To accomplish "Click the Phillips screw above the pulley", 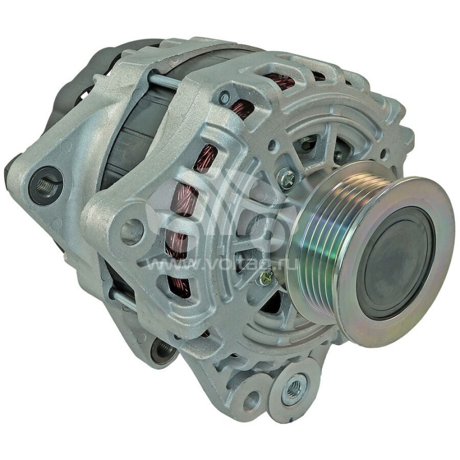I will (286, 179).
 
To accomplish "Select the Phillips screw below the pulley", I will (265, 278).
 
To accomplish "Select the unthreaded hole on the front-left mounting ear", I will (131, 230).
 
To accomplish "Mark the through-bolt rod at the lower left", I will (124, 299).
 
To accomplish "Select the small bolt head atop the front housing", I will (224, 98).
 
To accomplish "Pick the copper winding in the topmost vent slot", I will (280, 81).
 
